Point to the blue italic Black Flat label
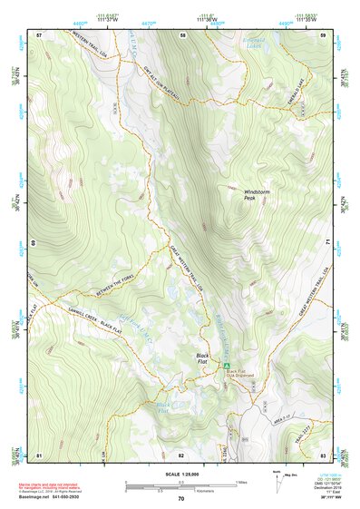[x=163, y=407]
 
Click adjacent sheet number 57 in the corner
[x=39, y=34]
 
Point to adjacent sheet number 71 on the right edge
[x=324, y=243]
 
